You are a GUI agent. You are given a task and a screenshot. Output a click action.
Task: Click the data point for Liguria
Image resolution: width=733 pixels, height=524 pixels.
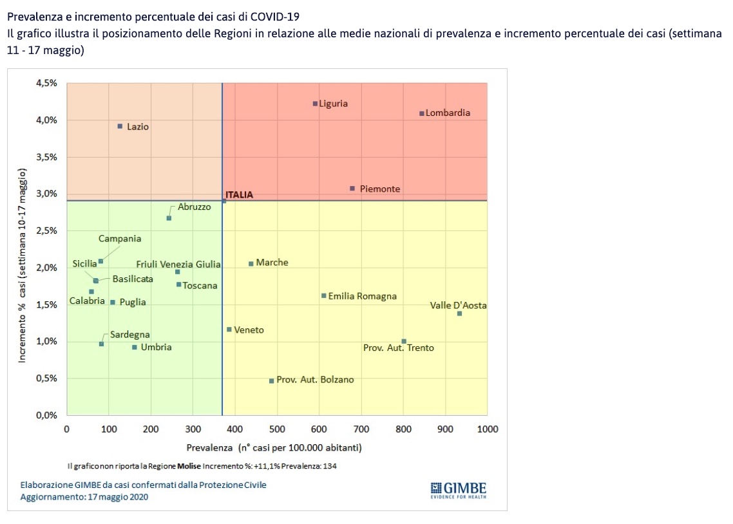[x=315, y=104]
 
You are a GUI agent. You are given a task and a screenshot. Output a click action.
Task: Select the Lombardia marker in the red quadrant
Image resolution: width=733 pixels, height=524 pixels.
[x=421, y=113]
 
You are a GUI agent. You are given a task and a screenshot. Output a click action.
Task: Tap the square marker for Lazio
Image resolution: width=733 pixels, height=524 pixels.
[x=120, y=126]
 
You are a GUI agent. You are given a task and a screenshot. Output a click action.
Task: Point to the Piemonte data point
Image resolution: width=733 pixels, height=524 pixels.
[x=352, y=189]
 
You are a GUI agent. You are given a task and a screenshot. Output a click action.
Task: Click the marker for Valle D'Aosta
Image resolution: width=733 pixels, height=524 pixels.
[x=459, y=313]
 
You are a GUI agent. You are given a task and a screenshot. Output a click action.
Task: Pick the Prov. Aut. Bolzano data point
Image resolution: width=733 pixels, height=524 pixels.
[x=271, y=381]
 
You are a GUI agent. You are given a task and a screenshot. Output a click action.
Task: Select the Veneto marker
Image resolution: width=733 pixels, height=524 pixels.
[x=229, y=330]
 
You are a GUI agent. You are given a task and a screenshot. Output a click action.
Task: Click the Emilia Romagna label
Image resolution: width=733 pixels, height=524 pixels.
[x=363, y=297]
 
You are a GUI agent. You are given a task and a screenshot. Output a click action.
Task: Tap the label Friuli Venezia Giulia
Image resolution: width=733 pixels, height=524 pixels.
[x=178, y=265]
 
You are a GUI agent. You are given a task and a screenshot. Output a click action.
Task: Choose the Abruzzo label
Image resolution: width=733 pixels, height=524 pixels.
[x=194, y=207]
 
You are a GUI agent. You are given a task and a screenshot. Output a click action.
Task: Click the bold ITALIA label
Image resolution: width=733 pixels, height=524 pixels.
[x=239, y=194]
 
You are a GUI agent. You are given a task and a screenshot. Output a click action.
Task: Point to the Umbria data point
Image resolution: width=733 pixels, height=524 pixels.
[x=134, y=348]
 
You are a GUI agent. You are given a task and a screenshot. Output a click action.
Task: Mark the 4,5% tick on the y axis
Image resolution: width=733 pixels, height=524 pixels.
[x=47, y=83]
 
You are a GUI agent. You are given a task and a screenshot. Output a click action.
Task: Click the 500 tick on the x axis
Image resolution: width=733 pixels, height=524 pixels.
[x=277, y=429]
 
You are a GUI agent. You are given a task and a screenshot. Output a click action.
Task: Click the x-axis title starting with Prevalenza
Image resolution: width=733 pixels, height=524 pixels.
[x=274, y=447]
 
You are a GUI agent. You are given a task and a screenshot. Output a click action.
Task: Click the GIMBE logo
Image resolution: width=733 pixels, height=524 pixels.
[x=458, y=489]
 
